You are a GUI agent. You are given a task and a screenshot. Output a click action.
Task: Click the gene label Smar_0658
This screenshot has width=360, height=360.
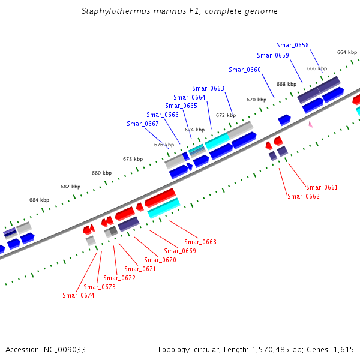click(x=293, y=45)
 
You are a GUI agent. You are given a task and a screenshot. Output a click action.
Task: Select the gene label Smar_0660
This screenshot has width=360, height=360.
click(x=245, y=70)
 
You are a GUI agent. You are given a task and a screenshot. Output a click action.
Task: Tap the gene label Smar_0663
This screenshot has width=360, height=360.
click(x=208, y=88)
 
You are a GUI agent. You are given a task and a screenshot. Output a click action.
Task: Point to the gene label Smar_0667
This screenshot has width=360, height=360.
click(x=143, y=124)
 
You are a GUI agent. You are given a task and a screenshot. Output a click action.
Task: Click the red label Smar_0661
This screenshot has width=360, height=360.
click(x=322, y=187)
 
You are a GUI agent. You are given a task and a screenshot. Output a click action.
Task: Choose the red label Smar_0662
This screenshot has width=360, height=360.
click(x=304, y=196)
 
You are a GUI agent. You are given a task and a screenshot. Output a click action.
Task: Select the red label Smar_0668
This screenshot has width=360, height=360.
click(x=200, y=242)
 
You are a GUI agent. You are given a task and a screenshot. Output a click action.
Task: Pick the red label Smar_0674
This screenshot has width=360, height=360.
click(x=79, y=295)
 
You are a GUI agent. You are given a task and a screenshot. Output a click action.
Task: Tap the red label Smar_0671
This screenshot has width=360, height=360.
click(x=140, y=269)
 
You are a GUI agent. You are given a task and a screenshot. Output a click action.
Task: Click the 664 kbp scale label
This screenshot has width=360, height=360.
click(x=347, y=52)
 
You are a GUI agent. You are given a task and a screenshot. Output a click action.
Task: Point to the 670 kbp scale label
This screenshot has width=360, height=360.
click(x=256, y=100)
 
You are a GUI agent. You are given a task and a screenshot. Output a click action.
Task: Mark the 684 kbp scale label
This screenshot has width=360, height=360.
click(x=39, y=200)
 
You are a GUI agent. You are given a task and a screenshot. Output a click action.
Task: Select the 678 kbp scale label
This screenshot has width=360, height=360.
click(x=133, y=159)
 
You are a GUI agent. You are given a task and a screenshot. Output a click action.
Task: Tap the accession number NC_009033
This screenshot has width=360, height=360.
click(x=65, y=349)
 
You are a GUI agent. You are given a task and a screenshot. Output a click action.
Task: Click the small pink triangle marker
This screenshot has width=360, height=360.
click(x=310, y=124)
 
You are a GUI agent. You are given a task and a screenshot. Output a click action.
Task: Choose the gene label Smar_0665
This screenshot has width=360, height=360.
click(x=181, y=106)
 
